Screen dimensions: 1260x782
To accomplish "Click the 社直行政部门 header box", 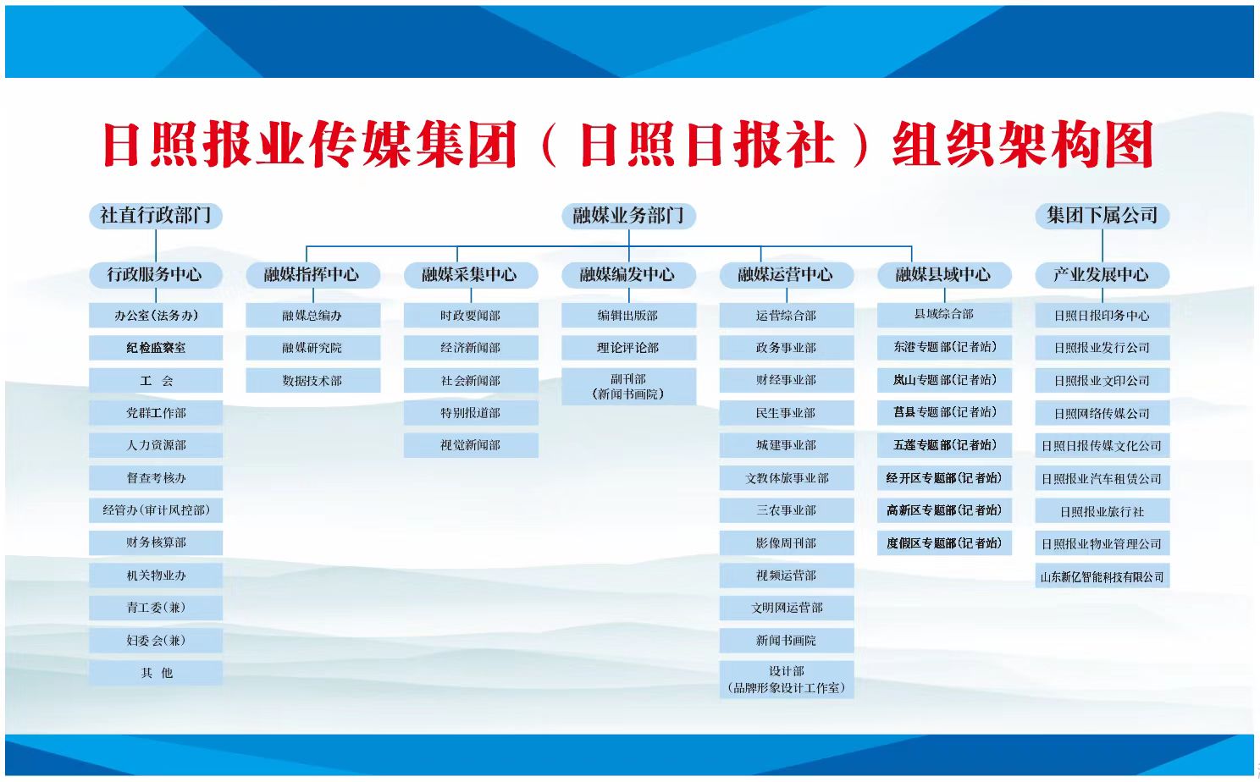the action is click(156, 216).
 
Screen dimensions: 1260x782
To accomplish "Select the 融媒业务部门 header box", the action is click(629, 216).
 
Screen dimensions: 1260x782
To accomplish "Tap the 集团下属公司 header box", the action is click(1102, 216).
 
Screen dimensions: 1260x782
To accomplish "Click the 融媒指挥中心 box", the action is click(312, 275).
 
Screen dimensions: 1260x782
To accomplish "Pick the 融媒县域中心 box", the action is click(944, 275).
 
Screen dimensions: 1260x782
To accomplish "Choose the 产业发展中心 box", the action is click(1102, 275).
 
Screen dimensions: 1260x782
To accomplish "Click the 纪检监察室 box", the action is click(156, 348).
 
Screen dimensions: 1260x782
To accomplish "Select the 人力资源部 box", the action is click(156, 445).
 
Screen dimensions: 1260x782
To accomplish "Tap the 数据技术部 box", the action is click(312, 381).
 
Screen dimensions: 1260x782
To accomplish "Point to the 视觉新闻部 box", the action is click(471, 445).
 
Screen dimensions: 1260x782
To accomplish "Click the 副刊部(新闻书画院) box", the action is click(629, 387).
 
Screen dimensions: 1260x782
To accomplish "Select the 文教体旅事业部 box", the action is click(787, 478).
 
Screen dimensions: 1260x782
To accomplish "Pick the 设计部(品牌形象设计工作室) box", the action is click(787, 680).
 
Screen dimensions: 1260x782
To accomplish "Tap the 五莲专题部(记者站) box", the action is click(944, 445).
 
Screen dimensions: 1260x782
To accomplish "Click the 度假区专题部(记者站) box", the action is click(944, 543).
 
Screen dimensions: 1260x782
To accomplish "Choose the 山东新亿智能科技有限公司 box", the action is click(1102, 575).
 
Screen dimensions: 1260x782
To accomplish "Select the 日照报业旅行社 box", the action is click(1102, 510).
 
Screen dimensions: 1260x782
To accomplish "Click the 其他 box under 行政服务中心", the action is click(156, 673).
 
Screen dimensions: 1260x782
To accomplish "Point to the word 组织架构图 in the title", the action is click(1024, 145).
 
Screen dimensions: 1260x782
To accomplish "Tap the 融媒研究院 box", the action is click(312, 348).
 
